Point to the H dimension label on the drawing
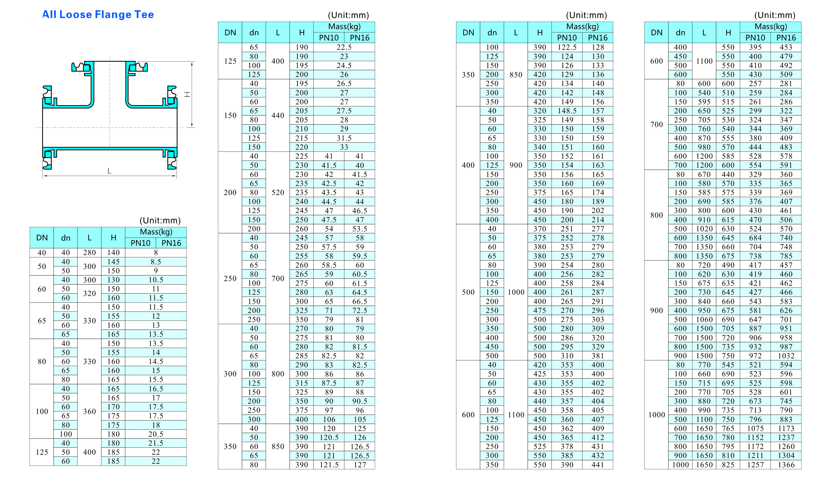coord(187,94)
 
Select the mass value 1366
coord(786,465)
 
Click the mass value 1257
coord(755,465)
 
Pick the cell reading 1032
coord(786,356)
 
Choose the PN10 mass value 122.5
coord(567,47)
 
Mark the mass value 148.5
coord(567,111)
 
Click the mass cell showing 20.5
coord(156,434)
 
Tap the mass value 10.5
coord(156,280)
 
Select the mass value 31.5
coord(344,138)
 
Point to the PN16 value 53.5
coord(360,229)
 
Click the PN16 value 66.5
coord(360,301)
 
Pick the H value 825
coord(728,465)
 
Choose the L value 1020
coord(704,229)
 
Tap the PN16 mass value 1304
coord(786,455)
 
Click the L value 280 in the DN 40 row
coord(89,252)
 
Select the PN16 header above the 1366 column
coord(786,38)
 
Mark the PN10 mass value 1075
coord(755,428)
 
